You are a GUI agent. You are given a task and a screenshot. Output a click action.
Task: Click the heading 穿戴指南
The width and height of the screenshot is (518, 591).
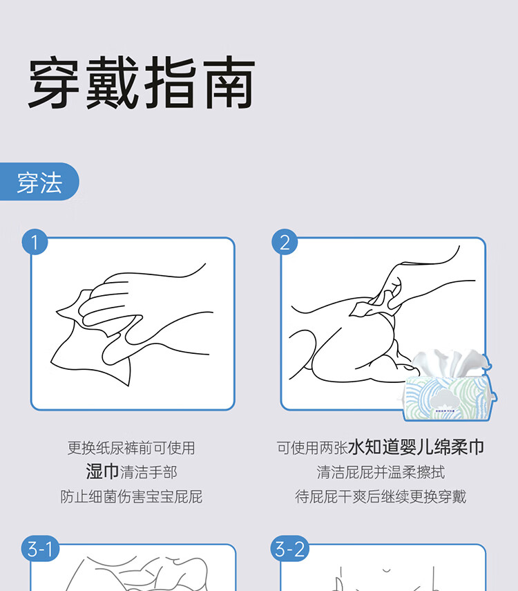pos(142,82)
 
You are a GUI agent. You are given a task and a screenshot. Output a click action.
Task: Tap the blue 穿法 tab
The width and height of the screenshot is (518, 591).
pos(39,182)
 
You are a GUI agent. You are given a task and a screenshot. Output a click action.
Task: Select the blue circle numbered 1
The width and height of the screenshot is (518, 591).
pos(35,242)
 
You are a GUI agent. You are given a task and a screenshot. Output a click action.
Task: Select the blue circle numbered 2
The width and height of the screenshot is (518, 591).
pos(285,242)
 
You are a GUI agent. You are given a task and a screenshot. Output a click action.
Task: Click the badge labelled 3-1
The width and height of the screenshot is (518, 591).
pos(40,548)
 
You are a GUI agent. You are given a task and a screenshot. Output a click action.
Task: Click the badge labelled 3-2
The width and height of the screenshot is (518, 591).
pos(290,548)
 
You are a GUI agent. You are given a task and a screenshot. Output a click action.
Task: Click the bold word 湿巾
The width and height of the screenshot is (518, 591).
pos(102,471)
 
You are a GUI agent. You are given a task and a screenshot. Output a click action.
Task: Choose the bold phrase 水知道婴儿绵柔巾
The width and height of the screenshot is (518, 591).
pos(416,447)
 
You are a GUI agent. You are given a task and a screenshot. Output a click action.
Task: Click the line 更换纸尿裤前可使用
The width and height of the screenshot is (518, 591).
pos(131,448)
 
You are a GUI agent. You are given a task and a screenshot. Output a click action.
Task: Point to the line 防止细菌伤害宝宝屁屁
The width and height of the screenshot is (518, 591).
pos(131,496)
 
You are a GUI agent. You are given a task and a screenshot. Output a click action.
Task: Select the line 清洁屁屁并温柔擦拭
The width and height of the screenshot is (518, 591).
pos(381,472)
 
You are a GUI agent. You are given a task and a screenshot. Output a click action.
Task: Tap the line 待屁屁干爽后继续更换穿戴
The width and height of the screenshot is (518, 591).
pos(381,496)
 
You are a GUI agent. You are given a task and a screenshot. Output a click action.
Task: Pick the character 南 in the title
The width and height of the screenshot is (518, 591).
pos(229,82)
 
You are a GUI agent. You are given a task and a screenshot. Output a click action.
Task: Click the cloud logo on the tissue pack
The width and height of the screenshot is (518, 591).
pos(443,400)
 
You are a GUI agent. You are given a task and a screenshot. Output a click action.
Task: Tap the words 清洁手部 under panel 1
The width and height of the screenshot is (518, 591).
pos(148,472)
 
